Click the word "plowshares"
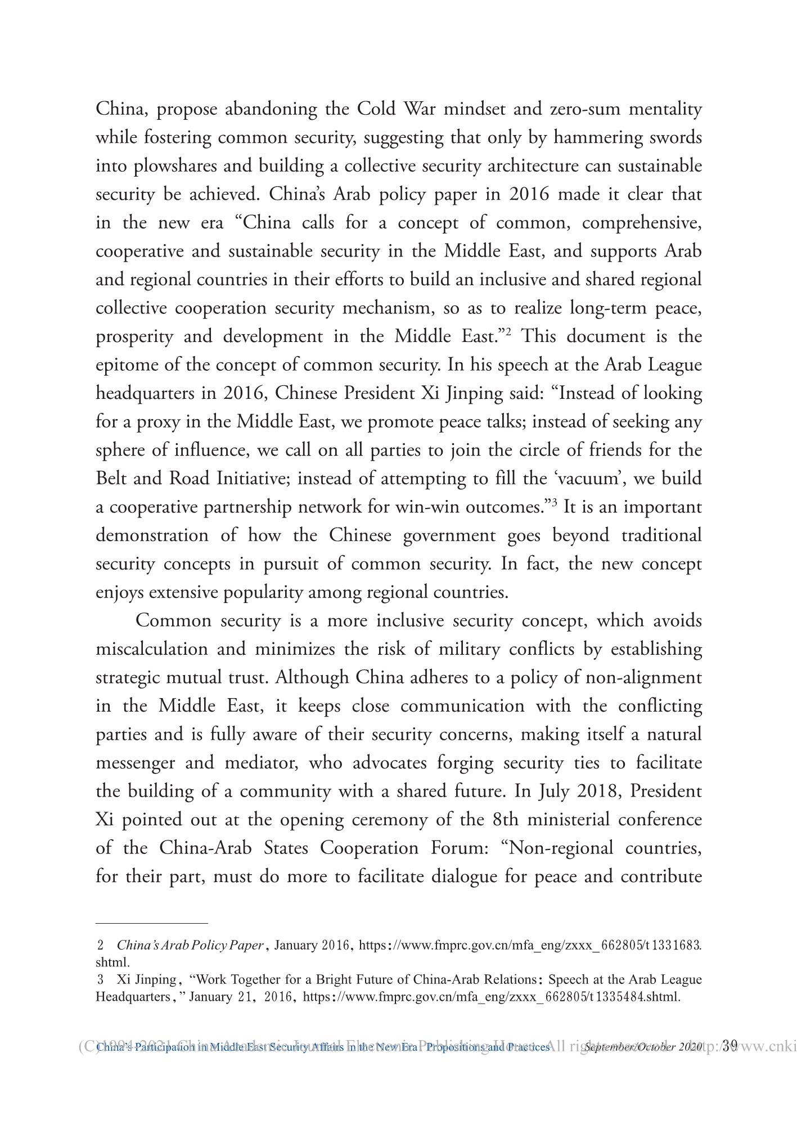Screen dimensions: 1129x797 172,167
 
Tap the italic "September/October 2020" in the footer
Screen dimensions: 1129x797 643,1047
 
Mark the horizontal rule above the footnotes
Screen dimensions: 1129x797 152,923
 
